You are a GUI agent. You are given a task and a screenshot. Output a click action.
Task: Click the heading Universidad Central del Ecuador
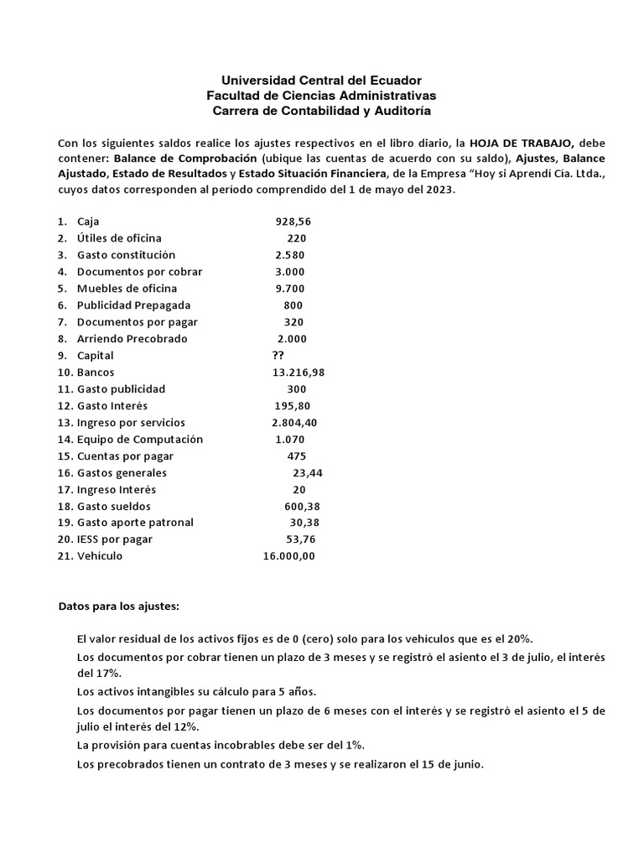pyautogui.click(x=321, y=81)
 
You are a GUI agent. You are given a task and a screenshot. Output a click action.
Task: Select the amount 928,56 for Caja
pyautogui.click(x=293, y=221)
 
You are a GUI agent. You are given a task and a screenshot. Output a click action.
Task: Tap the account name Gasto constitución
pyautogui.click(x=126, y=255)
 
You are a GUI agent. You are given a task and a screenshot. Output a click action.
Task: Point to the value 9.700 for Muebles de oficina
pyautogui.click(x=290, y=289)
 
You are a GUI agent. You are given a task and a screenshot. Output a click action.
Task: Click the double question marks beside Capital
pyautogui.click(x=267, y=356)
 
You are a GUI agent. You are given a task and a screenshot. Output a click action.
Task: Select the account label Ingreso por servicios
pyautogui.click(x=131, y=423)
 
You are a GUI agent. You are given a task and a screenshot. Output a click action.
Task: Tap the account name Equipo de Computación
pyautogui.click(x=139, y=440)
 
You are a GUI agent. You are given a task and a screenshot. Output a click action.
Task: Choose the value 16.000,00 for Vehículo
pyautogui.click(x=289, y=556)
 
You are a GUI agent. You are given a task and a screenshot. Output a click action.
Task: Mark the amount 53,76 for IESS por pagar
pyautogui.click(x=303, y=539)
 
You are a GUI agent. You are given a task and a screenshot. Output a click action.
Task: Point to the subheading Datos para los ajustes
pyautogui.click(x=118, y=605)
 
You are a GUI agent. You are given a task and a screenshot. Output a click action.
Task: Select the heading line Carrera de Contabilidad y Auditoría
pyautogui.click(x=321, y=111)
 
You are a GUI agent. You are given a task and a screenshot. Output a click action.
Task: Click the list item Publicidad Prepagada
pyautogui.click(x=133, y=305)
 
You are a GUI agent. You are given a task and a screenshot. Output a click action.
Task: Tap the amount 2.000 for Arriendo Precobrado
pyautogui.click(x=292, y=339)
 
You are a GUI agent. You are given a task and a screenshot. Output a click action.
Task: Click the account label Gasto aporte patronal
pyautogui.click(x=135, y=523)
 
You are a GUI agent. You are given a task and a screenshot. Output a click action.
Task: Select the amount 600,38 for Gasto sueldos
pyautogui.click(x=302, y=507)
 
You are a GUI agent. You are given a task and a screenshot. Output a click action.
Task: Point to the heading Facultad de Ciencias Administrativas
pyautogui.click(x=321, y=96)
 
